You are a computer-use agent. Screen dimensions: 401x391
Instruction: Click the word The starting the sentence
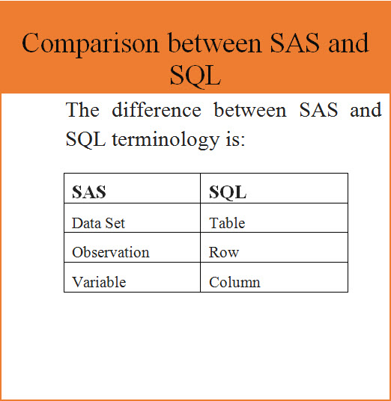[x=83, y=111]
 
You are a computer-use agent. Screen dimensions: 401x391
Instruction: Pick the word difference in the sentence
[x=157, y=111]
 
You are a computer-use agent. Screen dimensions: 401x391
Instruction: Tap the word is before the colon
[x=235, y=139]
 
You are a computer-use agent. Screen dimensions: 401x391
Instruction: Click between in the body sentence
[x=250, y=111]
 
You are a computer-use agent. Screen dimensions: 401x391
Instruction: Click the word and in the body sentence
[x=366, y=111]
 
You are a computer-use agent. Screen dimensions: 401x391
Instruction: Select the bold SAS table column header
[x=89, y=192]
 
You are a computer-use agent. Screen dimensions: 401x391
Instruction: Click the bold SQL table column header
[x=228, y=192]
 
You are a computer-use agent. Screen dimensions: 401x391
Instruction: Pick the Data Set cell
[x=99, y=223]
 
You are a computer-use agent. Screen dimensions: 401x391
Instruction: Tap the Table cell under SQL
[x=227, y=223]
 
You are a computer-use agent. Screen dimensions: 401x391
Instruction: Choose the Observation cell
[x=111, y=252]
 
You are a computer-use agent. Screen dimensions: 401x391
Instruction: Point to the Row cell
[x=224, y=252]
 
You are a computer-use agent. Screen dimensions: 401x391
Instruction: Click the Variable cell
[x=99, y=282]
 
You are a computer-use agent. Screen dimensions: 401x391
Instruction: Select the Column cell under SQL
[x=234, y=282]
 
